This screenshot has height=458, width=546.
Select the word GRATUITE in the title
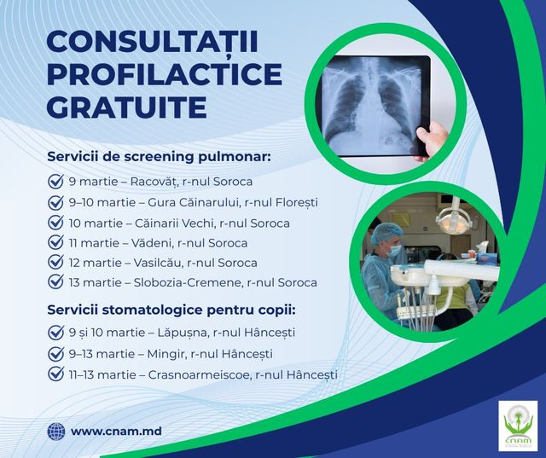tap(127, 107)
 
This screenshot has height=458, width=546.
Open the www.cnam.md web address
tap(116, 432)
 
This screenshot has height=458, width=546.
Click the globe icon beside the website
tap(56, 432)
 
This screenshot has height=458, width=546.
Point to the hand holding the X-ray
tap(436, 137)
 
